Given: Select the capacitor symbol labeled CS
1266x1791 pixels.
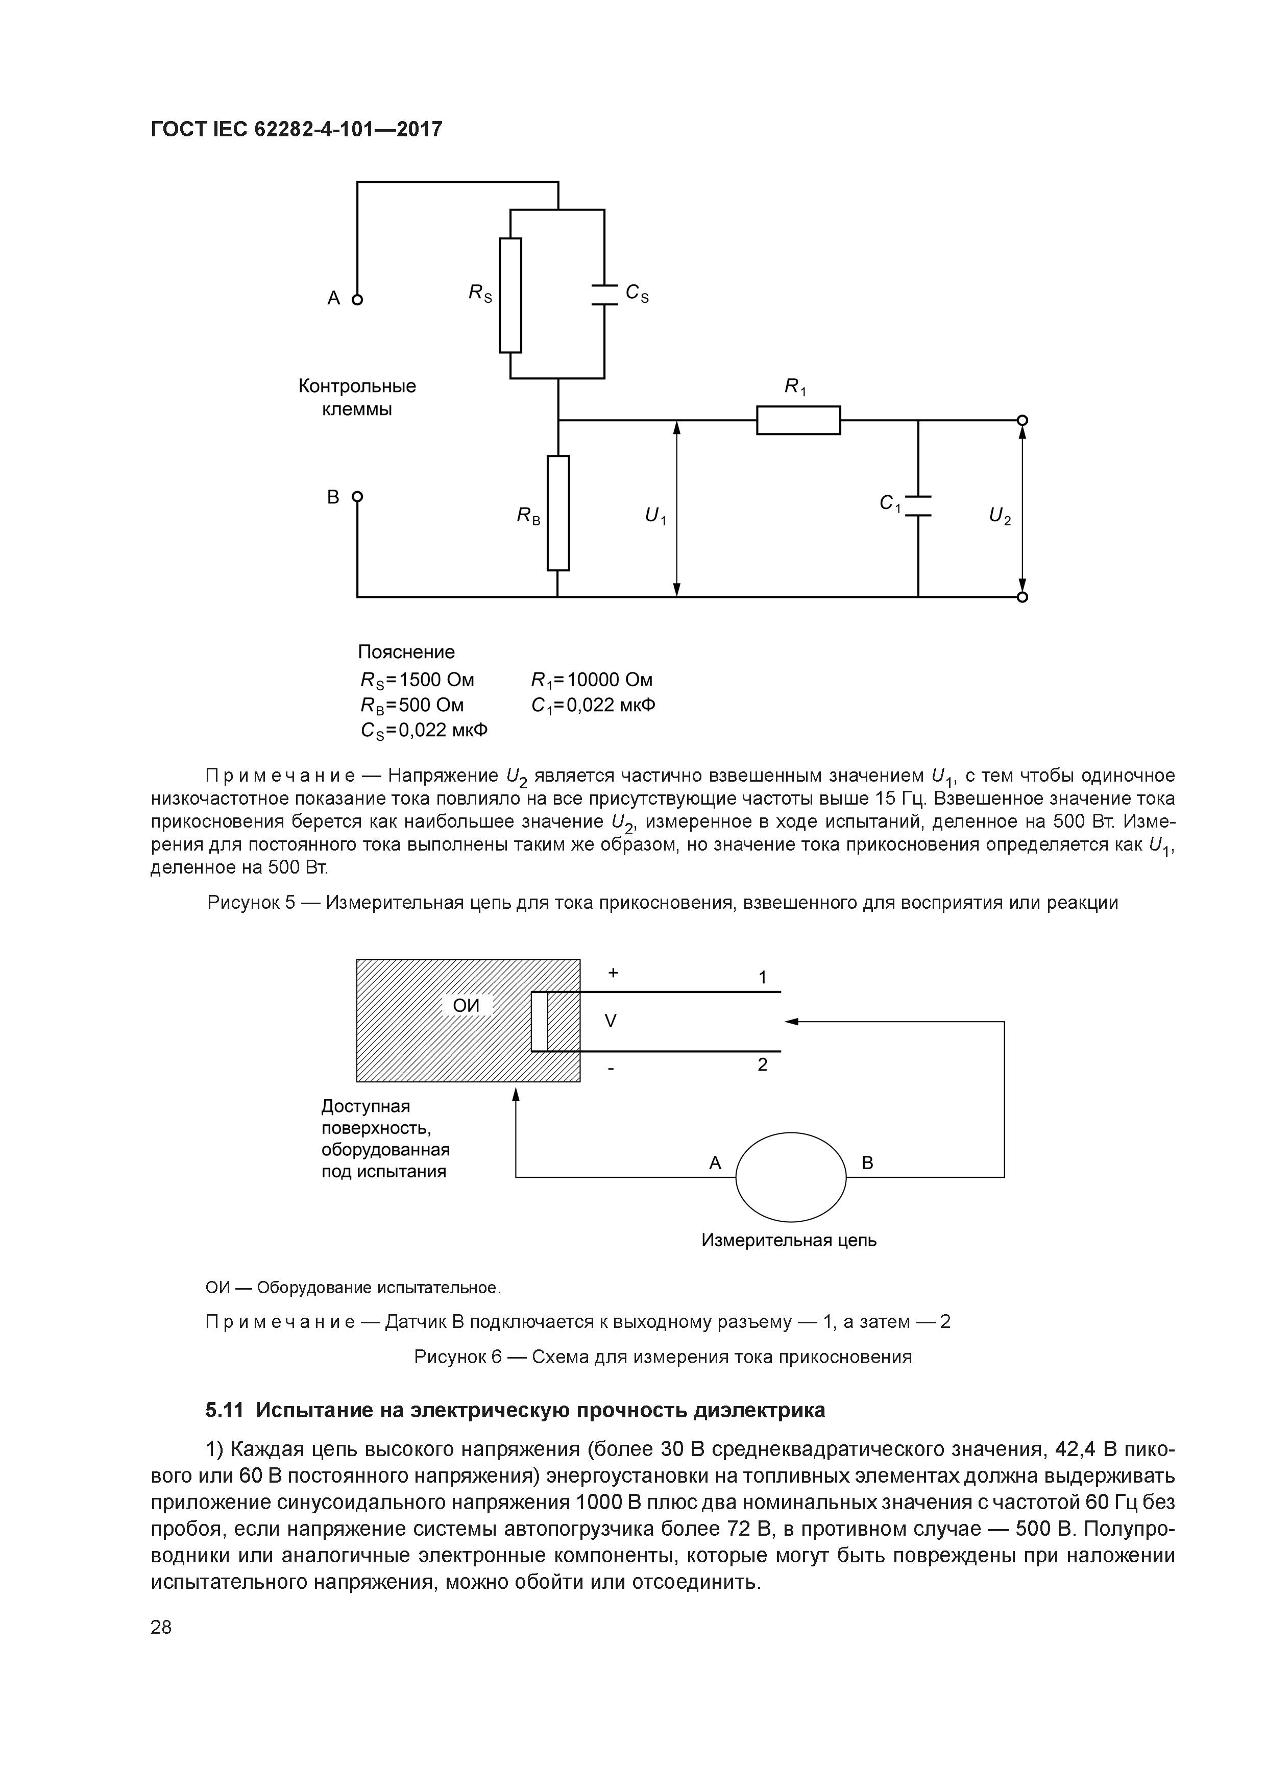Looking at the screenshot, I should (604, 294).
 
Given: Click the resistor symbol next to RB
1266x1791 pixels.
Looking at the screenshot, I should (558, 513).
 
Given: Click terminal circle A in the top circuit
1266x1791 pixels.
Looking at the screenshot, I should (357, 299).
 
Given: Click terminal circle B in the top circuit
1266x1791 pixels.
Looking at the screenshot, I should (357, 496).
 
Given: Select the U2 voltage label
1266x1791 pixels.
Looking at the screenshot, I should (999, 516).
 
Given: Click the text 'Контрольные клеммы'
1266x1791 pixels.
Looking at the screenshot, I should (357, 397).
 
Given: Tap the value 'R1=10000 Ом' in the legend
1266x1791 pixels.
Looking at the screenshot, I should (591, 680).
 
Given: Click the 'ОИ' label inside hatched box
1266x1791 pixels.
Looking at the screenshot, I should (467, 1005).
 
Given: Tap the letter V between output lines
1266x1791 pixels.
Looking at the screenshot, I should (611, 1020).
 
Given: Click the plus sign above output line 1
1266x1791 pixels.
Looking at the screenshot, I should (613, 973).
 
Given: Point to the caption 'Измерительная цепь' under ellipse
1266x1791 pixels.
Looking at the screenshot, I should (789, 1240).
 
